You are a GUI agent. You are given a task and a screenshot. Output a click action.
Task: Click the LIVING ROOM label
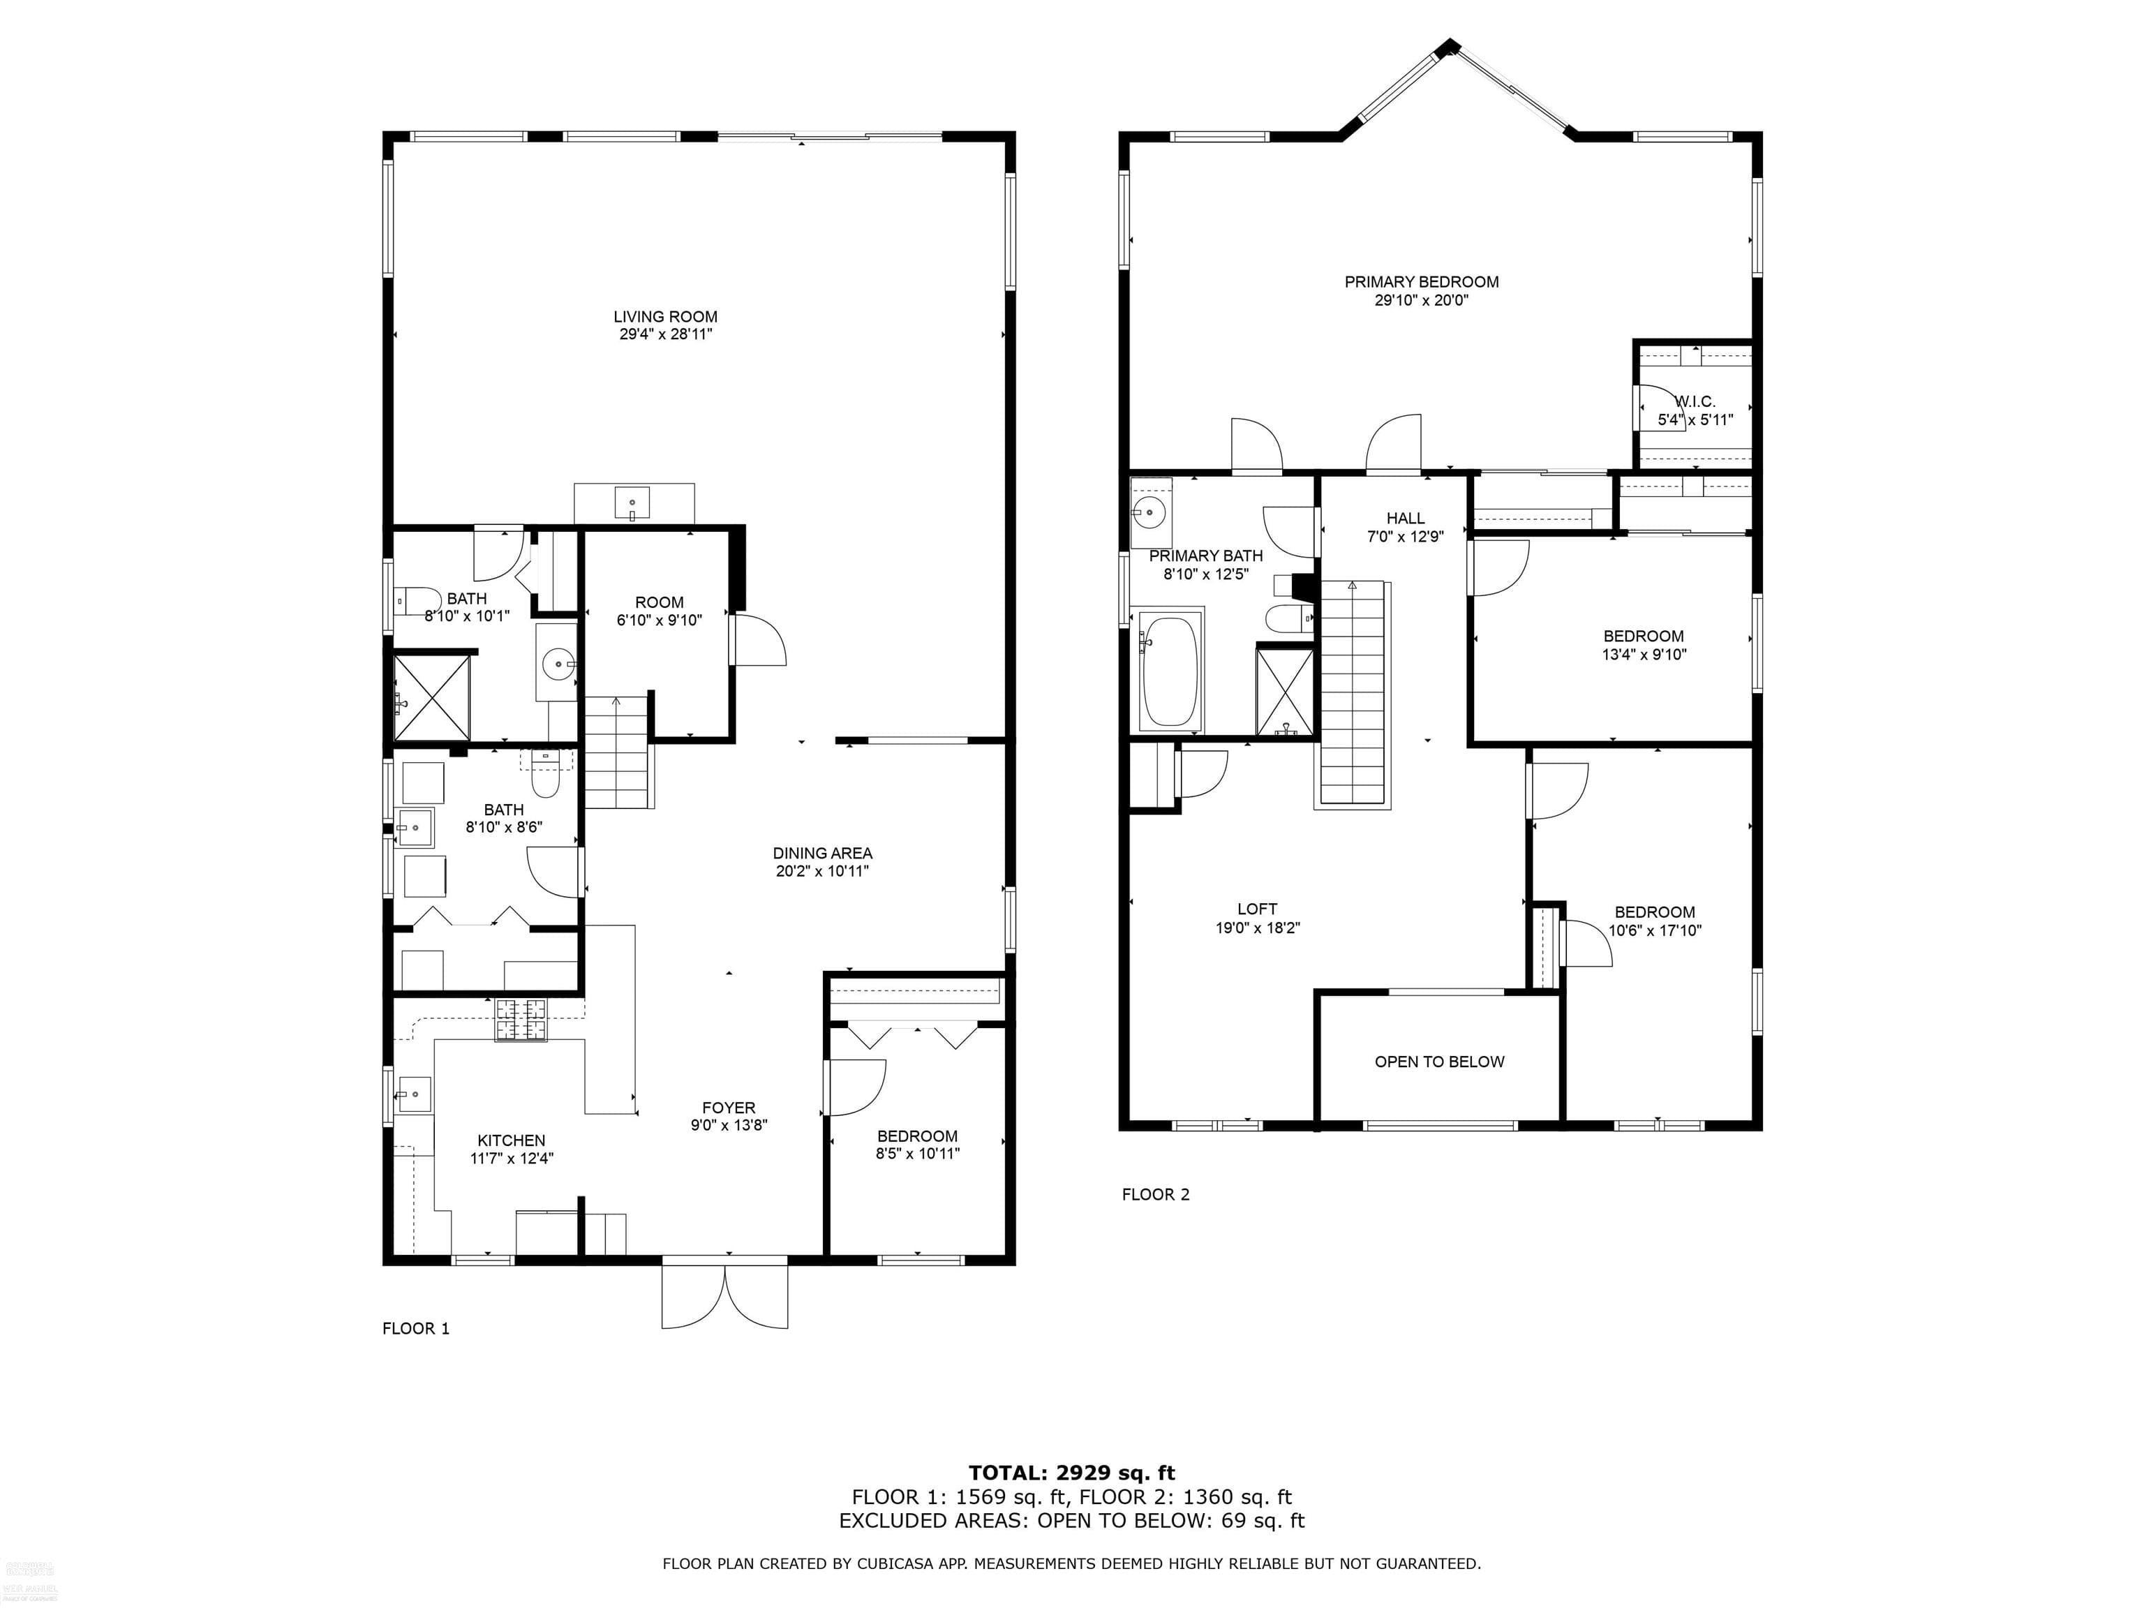[x=665, y=317]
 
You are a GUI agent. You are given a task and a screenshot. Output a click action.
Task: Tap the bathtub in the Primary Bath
[x=1170, y=671]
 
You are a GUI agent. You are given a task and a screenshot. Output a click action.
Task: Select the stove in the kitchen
[x=521, y=1020]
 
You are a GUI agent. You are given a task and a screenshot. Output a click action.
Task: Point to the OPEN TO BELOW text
[x=1438, y=1062]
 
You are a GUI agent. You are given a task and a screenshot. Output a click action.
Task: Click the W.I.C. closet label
[x=1695, y=401]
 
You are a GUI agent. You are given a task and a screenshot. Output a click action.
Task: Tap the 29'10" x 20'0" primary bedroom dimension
[x=1421, y=301]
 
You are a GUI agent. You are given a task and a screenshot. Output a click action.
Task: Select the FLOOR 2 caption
[x=1155, y=1194]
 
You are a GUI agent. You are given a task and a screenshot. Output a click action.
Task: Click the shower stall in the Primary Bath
[x=1284, y=691]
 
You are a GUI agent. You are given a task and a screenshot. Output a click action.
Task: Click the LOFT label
[x=1257, y=909]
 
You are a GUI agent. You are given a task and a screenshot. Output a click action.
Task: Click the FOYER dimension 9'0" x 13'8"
[x=729, y=1125]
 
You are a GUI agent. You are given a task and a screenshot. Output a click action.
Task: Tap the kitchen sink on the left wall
[x=413, y=1095]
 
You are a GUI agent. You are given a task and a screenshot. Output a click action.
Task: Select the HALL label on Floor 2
[x=1404, y=519]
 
